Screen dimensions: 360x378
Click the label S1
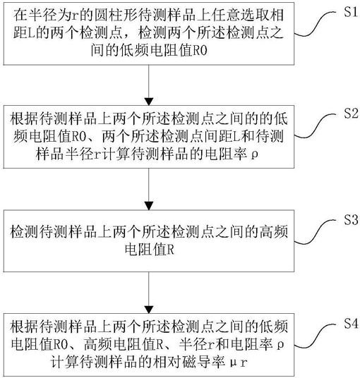click(351, 11)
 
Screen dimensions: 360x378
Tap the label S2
click(351, 114)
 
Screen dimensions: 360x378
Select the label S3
click(351, 220)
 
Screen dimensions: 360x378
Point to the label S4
click(351, 324)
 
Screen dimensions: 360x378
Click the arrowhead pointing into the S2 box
click(149, 102)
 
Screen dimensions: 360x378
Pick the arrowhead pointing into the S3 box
click(149, 206)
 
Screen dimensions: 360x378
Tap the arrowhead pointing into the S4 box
click(149, 310)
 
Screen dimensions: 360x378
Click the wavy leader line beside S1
click(315, 24)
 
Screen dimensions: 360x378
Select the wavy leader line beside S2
click(315, 126)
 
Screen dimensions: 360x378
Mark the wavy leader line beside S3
click(315, 232)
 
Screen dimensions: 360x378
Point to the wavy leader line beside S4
click(315, 336)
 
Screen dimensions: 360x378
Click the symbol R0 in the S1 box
click(200, 51)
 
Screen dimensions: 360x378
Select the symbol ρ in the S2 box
click(254, 154)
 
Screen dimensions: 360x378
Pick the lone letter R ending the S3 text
click(170, 250)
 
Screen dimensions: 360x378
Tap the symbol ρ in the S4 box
click(280, 345)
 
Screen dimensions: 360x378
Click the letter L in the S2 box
click(236, 137)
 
